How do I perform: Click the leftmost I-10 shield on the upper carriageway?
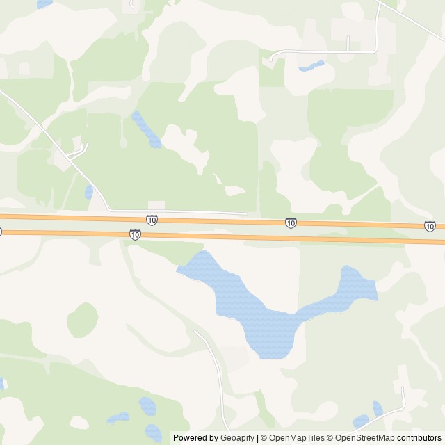pyautogui.click(x=152, y=220)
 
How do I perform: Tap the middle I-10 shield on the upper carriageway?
pyautogui.click(x=291, y=222)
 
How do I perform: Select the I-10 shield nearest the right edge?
pyautogui.click(x=430, y=226)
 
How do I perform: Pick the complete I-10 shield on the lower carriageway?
pyautogui.click(x=135, y=235)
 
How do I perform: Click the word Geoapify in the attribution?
pyautogui.click(x=238, y=438)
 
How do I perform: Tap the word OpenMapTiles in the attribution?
pyautogui.click(x=296, y=438)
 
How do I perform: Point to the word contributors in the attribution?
pyautogui.click(x=419, y=438)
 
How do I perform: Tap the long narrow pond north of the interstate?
pyautogui.click(x=147, y=130)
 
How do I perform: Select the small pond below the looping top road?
pyautogui.click(x=311, y=67)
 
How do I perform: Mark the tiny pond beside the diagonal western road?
pyautogui.click(x=88, y=192)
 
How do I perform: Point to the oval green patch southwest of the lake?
pyautogui.click(x=82, y=320)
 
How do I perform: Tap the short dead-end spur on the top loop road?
pyautogui.click(x=348, y=42)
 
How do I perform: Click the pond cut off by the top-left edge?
pyautogui.click(x=44, y=3)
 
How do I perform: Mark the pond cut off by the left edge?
pyautogui.click(x=2, y=383)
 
